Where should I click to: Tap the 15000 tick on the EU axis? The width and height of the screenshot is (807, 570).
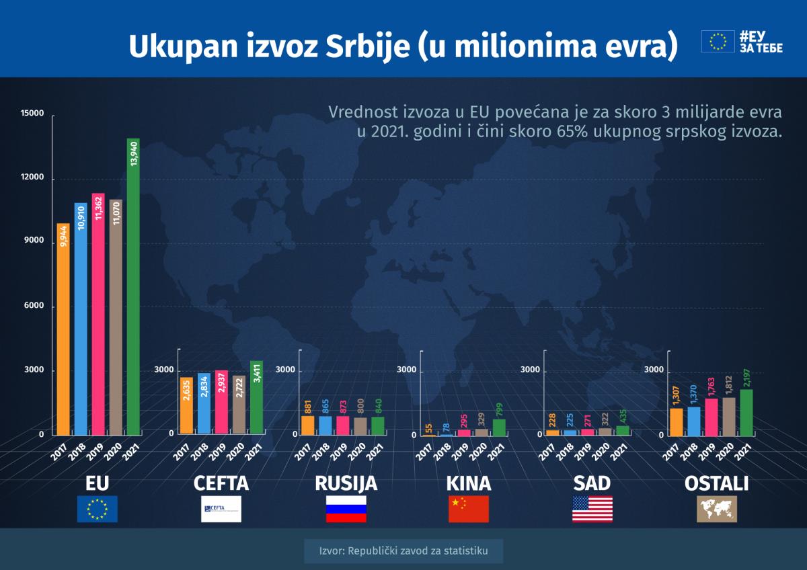pyautogui.click(x=33, y=114)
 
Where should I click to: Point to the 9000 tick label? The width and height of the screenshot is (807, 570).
pyautogui.click(x=34, y=241)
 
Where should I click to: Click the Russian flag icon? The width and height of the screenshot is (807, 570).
pyautogui.click(x=346, y=509)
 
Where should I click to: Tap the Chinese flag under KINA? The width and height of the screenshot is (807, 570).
pyautogui.click(x=469, y=509)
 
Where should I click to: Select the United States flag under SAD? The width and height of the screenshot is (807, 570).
pyautogui.click(x=592, y=509)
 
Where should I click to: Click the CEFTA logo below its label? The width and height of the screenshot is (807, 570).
pyautogui.click(x=221, y=509)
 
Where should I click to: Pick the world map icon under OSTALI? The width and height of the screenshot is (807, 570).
pyautogui.click(x=716, y=509)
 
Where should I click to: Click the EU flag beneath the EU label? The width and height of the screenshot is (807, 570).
pyautogui.click(x=98, y=509)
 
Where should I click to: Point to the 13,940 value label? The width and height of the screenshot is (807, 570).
pyautogui.click(x=133, y=154)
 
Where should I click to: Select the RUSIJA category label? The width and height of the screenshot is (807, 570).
pyautogui.click(x=346, y=483)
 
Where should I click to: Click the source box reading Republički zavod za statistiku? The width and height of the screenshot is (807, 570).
pyautogui.click(x=403, y=552)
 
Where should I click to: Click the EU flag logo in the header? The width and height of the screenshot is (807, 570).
pyautogui.click(x=718, y=41)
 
